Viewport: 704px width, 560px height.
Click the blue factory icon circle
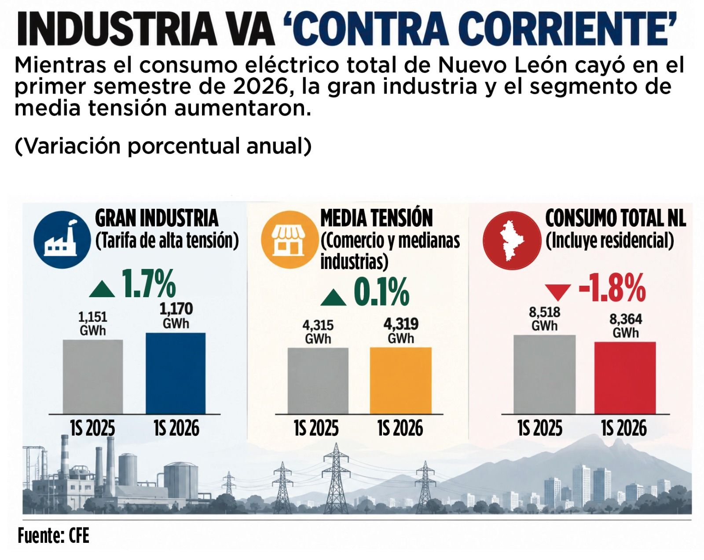62,240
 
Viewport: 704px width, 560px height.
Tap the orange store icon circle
290,240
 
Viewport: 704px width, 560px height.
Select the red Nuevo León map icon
512,240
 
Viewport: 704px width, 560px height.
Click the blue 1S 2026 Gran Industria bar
176,373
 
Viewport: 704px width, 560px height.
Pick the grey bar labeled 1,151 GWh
93,377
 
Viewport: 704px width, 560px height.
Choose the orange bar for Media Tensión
401,381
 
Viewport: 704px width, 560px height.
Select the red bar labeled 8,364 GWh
625,378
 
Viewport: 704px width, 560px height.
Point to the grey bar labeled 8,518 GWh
544,375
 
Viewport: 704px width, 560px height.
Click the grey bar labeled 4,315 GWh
318,381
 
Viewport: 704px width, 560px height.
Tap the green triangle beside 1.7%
102,290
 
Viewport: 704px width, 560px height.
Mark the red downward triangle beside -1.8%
558,292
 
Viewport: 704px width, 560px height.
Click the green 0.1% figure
381,291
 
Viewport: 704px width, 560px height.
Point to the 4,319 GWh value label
401,331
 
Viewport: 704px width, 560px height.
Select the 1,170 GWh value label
176,316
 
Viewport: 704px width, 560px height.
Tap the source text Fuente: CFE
53,536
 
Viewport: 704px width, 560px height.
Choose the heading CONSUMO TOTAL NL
616,218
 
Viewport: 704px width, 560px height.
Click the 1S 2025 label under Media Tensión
316,428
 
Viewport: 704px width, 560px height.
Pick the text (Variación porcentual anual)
163,146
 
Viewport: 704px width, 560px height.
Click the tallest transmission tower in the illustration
336,478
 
